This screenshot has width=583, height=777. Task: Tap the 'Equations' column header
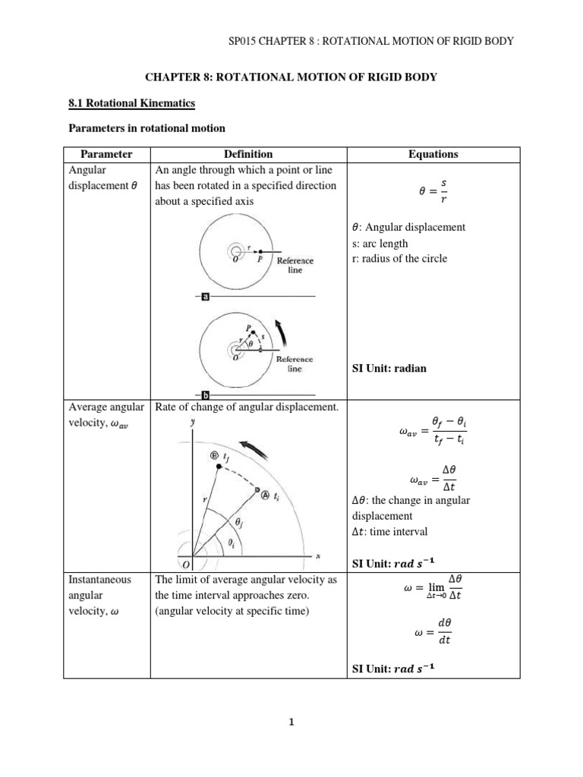(x=433, y=154)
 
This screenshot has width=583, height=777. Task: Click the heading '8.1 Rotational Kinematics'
(x=131, y=102)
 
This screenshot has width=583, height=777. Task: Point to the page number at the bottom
(x=291, y=723)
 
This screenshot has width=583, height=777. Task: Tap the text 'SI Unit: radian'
(x=389, y=368)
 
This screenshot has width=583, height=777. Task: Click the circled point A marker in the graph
(x=264, y=495)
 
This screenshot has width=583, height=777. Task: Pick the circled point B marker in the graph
(x=214, y=455)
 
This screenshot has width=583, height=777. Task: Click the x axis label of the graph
(x=318, y=556)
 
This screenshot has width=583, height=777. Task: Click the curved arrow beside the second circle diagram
(x=283, y=331)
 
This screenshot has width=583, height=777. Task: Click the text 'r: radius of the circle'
(x=399, y=258)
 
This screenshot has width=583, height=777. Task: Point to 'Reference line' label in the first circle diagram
(x=295, y=265)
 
